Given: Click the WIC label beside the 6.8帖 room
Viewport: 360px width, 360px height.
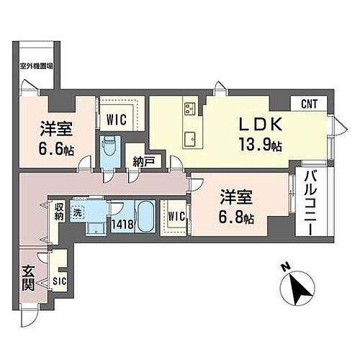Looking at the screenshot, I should coord(178,215).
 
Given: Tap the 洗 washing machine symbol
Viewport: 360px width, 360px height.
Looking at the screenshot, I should coord(77,214).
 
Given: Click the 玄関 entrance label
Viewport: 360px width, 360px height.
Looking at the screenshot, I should coord(27,278).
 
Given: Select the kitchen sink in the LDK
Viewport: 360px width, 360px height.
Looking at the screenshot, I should coord(191,137).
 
